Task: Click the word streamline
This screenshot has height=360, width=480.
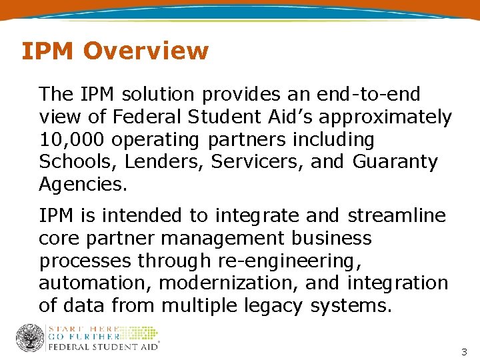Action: click(x=397, y=215)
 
